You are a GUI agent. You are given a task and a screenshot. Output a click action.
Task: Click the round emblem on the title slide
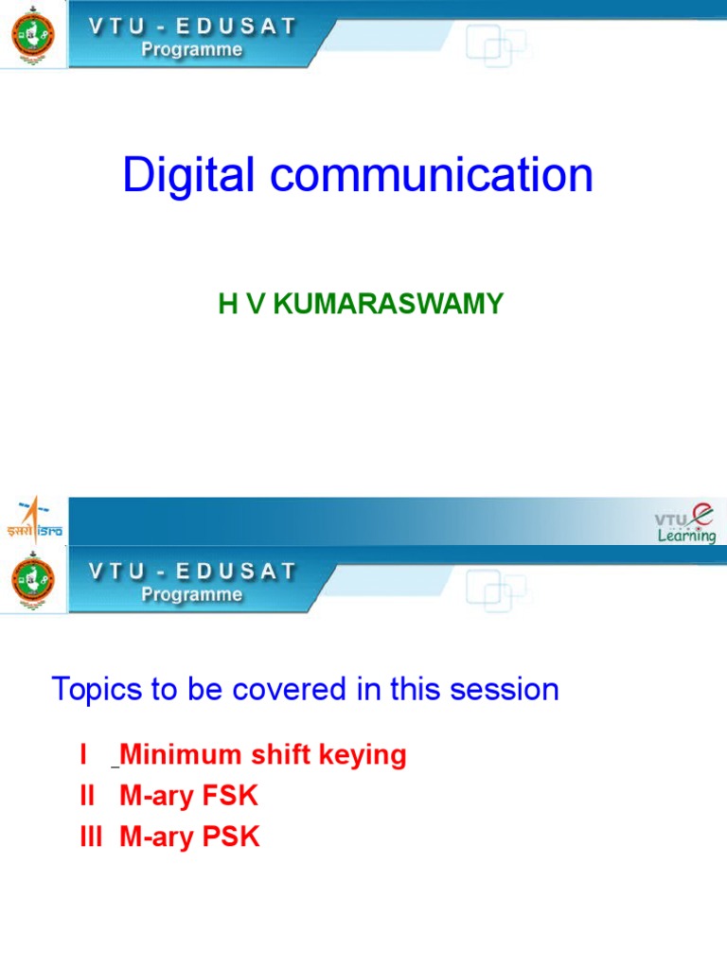pyautogui.click(x=32, y=34)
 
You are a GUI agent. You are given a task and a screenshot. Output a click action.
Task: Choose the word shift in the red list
pyautogui.click(x=283, y=755)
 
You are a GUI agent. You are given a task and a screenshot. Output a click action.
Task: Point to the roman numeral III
pyautogui.click(x=91, y=837)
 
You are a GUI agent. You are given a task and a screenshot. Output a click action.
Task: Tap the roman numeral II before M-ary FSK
pyautogui.click(x=87, y=796)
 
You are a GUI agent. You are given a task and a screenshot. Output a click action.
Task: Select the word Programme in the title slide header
pyautogui.click(x=191, y=49)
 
